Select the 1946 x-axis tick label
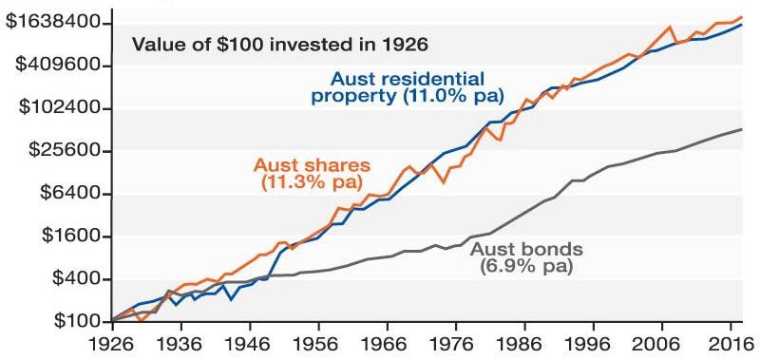point(250,346)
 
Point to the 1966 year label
point(388,346)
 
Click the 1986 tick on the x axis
point(525,346)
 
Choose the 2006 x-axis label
point(662,346)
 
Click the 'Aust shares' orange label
point(312,165)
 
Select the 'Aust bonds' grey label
point(527,249)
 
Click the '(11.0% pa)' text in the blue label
point(453,96)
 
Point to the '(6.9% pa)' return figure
point(526,267)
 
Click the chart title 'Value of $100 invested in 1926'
point(280,45)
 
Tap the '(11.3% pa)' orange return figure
point(313,182)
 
